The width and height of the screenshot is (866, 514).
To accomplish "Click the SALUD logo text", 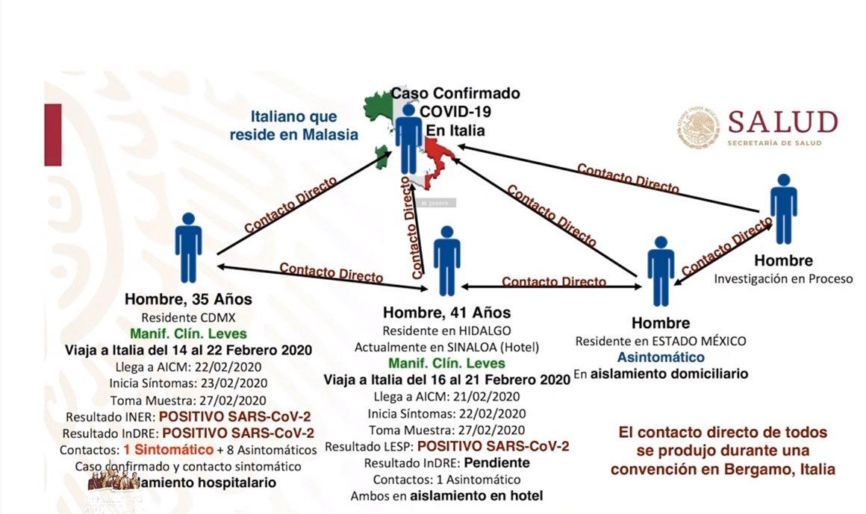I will [782, 122].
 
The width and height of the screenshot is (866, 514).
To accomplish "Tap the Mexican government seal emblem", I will [700, 127].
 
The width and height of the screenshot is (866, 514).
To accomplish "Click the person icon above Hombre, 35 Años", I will [188, 248].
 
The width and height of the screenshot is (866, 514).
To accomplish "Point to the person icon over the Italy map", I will [409, 139].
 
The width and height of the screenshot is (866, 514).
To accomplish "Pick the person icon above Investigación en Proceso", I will [783, 209].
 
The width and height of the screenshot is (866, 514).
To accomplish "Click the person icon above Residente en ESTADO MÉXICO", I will [660, 272].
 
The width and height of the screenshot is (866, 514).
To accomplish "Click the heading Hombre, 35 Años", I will [188, 300].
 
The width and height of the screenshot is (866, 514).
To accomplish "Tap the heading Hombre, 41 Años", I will [446, 313].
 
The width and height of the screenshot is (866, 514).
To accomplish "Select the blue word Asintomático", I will [660, 357].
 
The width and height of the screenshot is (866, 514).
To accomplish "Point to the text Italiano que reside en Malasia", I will [304, 125].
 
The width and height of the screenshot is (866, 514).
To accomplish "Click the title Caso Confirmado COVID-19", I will [456, 102].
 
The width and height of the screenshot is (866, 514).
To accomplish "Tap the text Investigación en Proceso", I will [783, 279].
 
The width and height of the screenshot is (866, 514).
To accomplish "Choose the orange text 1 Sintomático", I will [169, 450].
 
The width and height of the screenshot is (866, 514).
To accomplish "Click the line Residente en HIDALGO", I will [446, 330].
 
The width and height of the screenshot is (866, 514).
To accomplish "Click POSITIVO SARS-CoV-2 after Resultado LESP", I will [493, 446].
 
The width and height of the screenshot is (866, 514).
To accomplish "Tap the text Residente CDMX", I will [188, 317].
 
